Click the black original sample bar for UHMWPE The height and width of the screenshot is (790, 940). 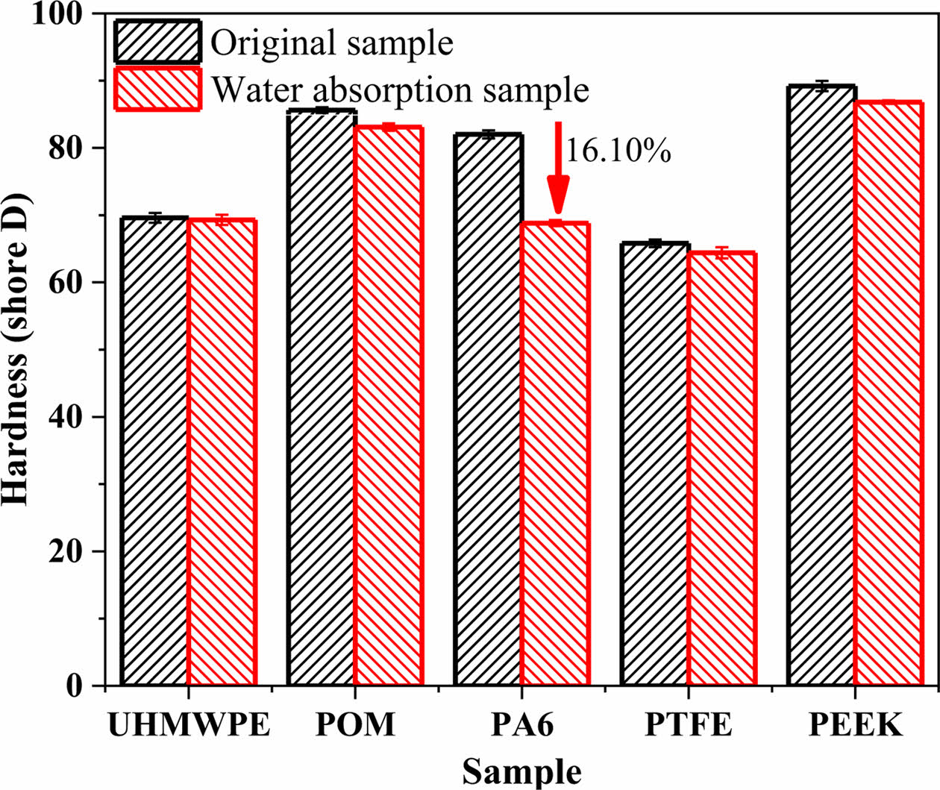click(x=154, y=451)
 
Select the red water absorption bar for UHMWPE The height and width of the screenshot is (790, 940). click(x=222, y=453)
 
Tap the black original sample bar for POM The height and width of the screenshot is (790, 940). click(x=322, y=398)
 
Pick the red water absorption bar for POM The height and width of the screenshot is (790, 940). click(x=389, y=407)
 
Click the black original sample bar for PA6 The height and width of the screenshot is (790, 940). click(x=489, y=410)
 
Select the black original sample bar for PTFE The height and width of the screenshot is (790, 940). click(x=656, y=464)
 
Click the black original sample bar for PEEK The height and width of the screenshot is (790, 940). click(x=822, y=386)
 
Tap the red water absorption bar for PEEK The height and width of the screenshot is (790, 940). click(x=889, y=393)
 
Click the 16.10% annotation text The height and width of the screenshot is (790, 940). click(x=618, y=151)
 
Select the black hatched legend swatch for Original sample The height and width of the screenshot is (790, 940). click(x=157, y=41)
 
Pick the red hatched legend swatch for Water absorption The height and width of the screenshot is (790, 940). click(x=157, y=89)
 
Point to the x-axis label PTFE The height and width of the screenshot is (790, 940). click(x=689, y=724)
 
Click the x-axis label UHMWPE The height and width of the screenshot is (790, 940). click(x=188, y=724)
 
